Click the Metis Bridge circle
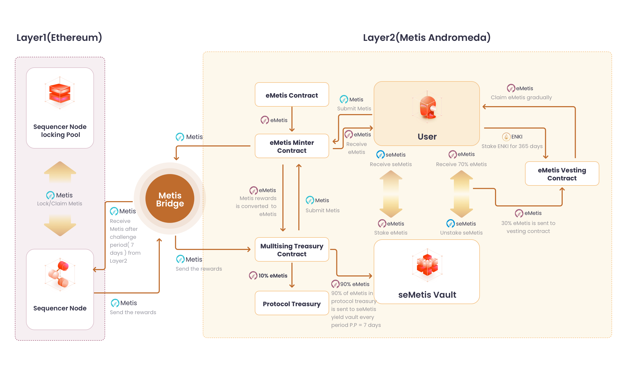[170, 198]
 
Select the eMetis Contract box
[292, 94]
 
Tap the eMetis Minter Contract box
[292, 146]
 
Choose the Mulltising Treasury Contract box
[292, 249]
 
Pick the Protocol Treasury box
[292, 303]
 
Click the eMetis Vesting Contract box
[562, 174]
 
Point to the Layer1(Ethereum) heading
[59, 37]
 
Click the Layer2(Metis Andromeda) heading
[427, 37]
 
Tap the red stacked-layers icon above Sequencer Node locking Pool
[60, 93]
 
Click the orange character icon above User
[427, 107]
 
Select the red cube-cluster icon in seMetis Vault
[427, 265]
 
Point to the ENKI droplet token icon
[506, 137]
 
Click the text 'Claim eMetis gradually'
[521, 97]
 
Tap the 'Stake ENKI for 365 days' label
[512, 146]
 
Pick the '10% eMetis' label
[273, 276]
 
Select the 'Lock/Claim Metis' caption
[60, 204]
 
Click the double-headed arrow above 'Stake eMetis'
[391, 194]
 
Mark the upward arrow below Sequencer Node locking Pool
[60, 172]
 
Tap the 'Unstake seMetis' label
[461, 233]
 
